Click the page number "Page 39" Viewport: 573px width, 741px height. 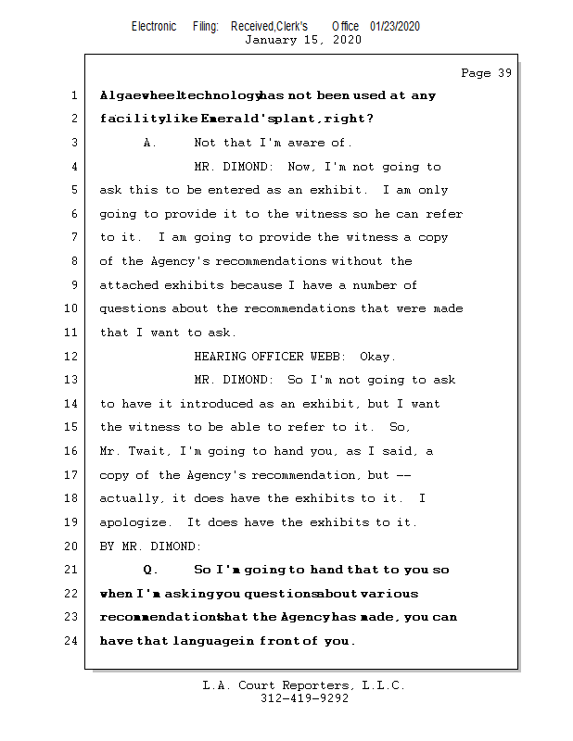[x=486, y=73]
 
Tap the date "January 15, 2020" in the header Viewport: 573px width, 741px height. [x=302, y=40]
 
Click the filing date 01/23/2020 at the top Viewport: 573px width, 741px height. [x=394, y=26]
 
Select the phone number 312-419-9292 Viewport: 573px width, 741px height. [x=304, y=698]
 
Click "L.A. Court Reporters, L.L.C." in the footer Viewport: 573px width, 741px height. [x=303, y=685]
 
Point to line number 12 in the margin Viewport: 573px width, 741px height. [x=73, y=356]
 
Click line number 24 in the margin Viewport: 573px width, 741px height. [x=73, y=640]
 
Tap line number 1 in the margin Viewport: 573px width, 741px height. [x=73, y=95]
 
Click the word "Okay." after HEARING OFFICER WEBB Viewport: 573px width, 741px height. [x=377, y=357]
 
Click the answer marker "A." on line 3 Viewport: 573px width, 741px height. [x=150, y=143]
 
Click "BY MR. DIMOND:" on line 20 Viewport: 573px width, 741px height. [x=150, y=546]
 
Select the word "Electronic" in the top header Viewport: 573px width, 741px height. [x=154, y=26]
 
